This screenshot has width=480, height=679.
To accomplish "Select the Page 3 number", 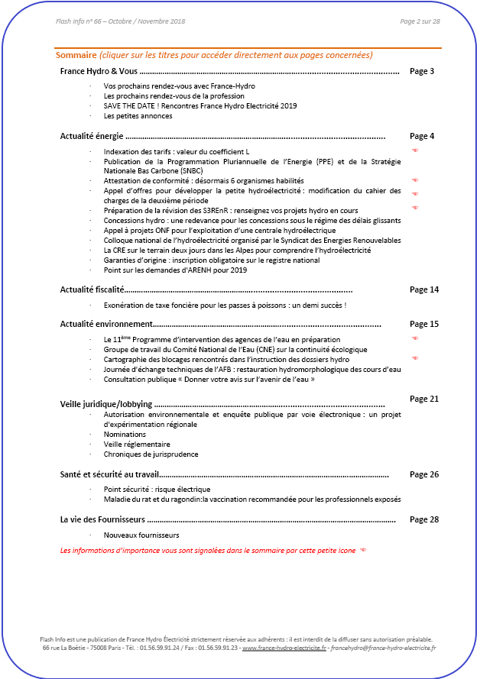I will click(422, 71).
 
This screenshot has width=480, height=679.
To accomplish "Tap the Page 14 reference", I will click(424, 289).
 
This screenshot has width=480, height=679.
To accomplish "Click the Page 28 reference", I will click(424, 519).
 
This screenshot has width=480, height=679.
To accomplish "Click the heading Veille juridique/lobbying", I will click(106, 403).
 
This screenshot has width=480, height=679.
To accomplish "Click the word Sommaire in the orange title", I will click(76, 55).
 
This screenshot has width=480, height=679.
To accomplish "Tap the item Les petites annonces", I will click(138, 116).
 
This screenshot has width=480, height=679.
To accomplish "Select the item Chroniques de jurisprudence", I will click(151, 454).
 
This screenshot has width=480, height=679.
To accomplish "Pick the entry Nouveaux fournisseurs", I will click(141, 535).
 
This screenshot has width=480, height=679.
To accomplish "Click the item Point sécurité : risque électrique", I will click(157, 489).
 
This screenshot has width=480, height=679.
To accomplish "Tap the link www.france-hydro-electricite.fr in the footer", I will click(284, 648).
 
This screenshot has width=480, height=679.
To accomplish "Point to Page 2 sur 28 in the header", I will click(420, 21).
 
